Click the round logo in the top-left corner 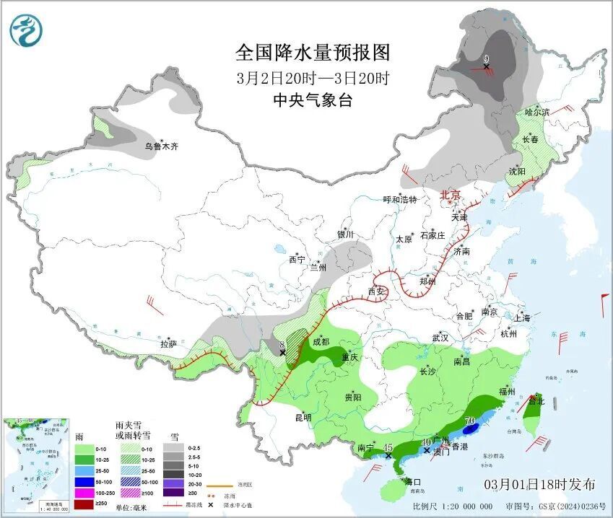[27, 30]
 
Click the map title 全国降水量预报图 [313, 53]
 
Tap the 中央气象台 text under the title [313, 100]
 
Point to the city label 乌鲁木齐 [161, 146]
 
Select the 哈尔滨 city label [537, 112]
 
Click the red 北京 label [451, 195]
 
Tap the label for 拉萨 [169, 343]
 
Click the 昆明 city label [303, 417]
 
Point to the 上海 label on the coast [522, 317]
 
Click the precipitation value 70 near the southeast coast [469, 421]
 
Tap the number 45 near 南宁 [388, 447]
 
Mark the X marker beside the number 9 [486, 66]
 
